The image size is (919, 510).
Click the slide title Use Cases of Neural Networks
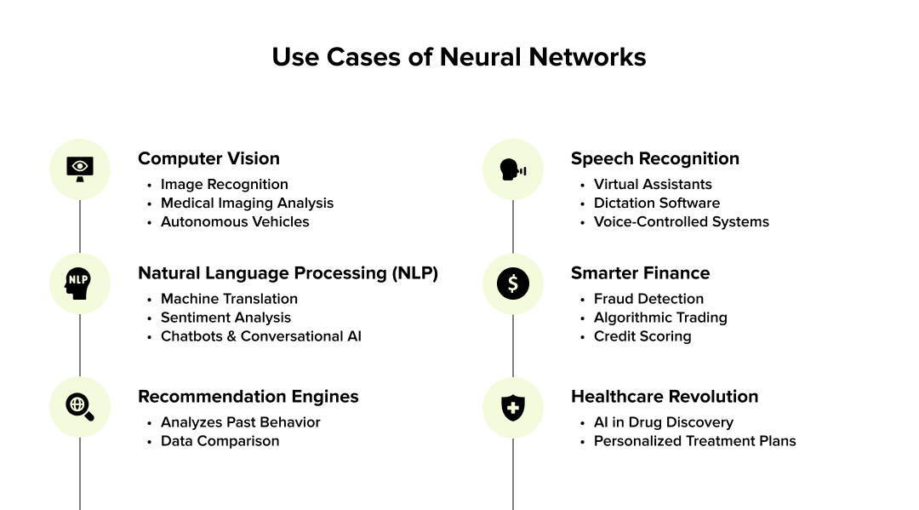459,57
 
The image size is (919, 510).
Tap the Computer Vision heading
208,158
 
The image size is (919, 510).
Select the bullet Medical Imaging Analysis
247,203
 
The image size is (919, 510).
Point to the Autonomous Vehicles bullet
235,221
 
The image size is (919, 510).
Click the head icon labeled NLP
80,284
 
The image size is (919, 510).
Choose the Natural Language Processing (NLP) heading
288,273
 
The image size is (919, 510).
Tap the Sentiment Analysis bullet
225,318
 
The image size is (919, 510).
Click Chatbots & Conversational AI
260,336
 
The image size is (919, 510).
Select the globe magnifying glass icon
80,407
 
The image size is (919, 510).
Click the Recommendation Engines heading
248,397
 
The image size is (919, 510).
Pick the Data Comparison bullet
220,441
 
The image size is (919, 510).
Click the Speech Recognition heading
654,158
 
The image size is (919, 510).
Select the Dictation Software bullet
656,203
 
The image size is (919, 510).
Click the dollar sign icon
512,284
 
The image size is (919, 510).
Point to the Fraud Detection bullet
648,299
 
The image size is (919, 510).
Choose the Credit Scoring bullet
642,336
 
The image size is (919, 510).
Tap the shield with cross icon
512,407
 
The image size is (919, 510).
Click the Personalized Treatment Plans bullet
694,441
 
